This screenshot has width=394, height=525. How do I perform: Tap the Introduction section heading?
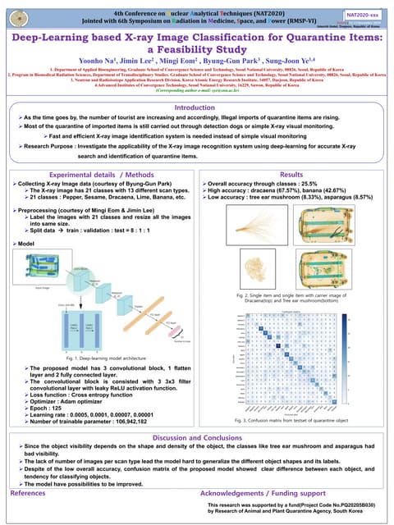(x=196, y=130)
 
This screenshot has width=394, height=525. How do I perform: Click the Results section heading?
(x=291, y=175)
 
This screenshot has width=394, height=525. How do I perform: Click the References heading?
(x=27, y=493)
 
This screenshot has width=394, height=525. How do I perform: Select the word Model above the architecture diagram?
(x=25, y=244)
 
